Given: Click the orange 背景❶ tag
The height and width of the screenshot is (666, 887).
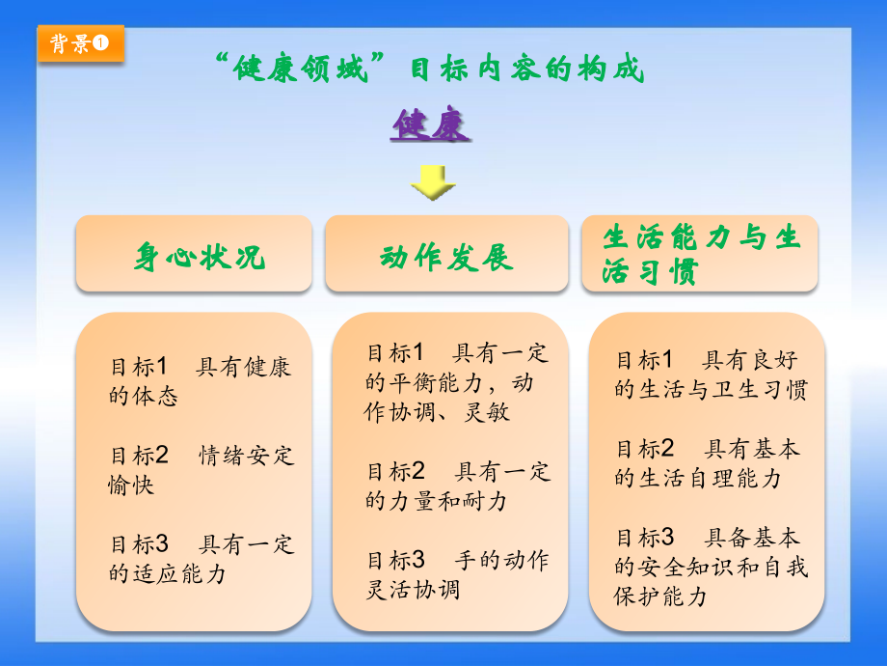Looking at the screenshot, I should coord(81,44).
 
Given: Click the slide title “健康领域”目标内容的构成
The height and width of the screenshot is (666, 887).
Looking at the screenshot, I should coord(428,69).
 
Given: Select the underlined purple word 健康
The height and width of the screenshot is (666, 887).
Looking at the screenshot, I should coord(430,125).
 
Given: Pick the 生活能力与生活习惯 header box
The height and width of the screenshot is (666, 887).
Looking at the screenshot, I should coord(701,254).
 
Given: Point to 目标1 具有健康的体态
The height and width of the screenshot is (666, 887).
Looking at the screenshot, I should coord(200,381).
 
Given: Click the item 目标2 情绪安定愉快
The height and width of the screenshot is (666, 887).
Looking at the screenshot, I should coord(201,469).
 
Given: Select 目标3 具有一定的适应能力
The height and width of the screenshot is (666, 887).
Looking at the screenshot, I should coord(201,558).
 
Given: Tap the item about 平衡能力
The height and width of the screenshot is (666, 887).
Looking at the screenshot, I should coord(456,382).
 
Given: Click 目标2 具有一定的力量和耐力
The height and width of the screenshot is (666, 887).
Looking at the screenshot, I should coord(457,486).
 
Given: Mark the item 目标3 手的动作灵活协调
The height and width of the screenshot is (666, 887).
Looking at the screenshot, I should coord(457,573).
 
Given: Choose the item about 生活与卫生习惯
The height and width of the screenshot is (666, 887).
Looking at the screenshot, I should coord(711,375).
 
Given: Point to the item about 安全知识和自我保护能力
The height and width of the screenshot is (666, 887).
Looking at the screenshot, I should coord(711,566).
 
